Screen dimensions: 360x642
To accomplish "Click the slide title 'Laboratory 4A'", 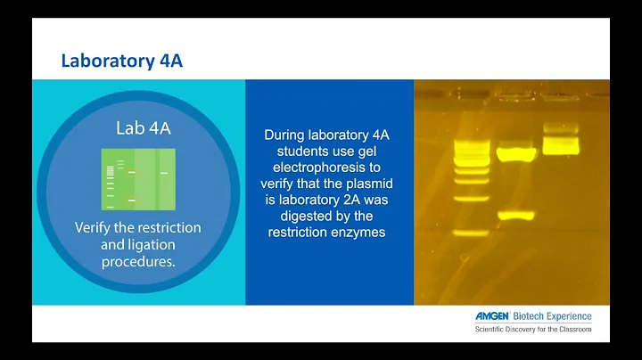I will tap(122, 61).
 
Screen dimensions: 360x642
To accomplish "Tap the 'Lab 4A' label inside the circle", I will tap(143, 128).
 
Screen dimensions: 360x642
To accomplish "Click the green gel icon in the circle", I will tap(137, 178).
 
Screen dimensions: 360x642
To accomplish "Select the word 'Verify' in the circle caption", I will tap(97, 227).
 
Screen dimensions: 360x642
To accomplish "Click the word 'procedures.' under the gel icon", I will tap(137, 261).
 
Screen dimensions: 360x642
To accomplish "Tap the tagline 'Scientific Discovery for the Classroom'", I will tap(532, 330).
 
